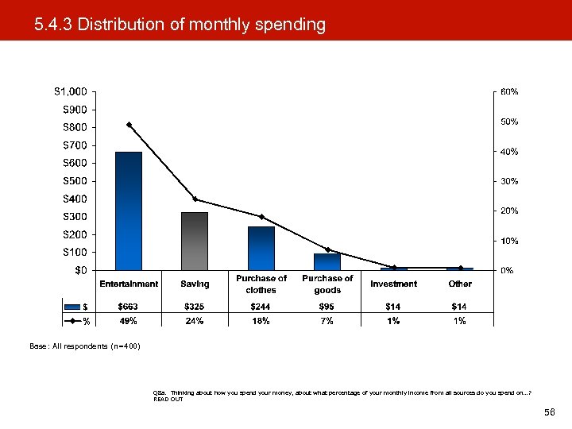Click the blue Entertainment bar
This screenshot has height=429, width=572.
coord(129,211)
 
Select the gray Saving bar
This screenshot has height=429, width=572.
coord(195,241)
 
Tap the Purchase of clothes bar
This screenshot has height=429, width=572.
coord(261,248)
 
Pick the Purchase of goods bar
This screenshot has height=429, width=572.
coord(327,261)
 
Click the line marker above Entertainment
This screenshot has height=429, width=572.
coord(129,125)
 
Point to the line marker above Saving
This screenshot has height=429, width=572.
coord(195,199)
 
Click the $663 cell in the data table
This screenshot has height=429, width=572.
coord(129,307)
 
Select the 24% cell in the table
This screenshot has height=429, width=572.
coord(195,321)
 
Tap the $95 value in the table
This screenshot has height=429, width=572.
coord(327,307)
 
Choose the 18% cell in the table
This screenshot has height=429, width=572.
coord(261,321)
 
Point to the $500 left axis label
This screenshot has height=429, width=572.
coord(75,181)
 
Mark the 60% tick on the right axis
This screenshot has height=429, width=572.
coord(509,91)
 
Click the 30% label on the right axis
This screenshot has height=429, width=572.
coord(509,181)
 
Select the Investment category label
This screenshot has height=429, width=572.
coord(393,284)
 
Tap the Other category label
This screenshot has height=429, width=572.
coord(460,284)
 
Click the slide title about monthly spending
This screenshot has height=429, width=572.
coord(180,25)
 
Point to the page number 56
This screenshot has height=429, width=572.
coord(548,414)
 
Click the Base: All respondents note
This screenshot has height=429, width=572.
coord(84,346)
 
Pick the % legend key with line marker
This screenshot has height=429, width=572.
coord(76,321)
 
